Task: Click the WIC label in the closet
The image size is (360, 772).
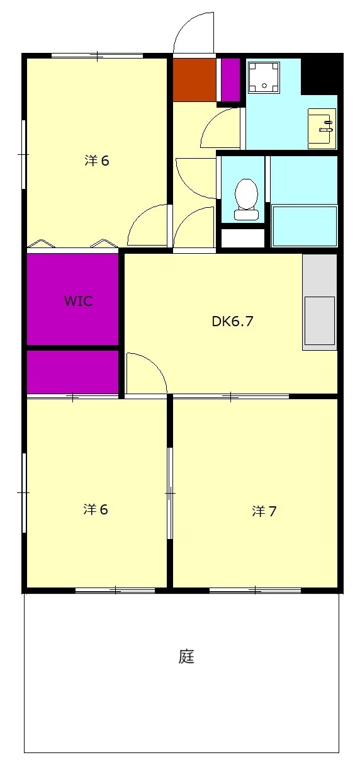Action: coord(78,301)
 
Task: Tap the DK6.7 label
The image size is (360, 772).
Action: coord(232,321)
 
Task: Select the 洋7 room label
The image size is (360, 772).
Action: coord(264,511)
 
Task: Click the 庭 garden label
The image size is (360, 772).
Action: coord(186,657)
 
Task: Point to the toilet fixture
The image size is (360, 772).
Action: coord(246,199)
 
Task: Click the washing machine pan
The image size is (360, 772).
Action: coord(264,77)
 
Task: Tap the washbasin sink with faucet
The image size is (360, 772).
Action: coord(322,128)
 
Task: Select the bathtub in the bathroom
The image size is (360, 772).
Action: coord(304,225)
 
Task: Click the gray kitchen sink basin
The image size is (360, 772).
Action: coord(319,321)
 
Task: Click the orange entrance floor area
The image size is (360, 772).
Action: coord(194,80)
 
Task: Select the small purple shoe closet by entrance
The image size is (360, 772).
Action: coord(230,79)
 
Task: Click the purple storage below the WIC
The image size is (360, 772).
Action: coord(72,372)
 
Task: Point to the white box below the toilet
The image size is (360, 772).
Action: coord(242,238)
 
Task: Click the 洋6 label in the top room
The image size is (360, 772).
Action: coord(97,161)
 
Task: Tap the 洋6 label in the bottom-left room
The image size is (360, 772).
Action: coord(96,509)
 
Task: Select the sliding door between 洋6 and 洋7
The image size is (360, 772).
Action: coord(170,493)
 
